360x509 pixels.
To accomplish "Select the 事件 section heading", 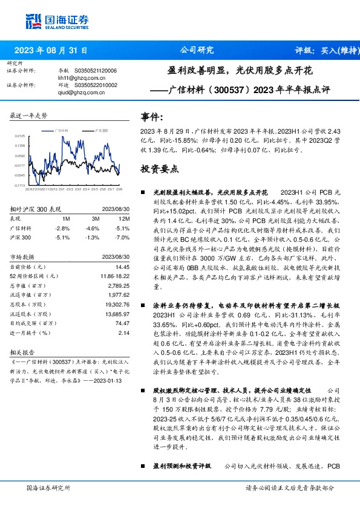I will pyautogui.click(x=151, y=117).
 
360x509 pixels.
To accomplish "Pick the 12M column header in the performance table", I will pyautogui.click(x=125, y=218).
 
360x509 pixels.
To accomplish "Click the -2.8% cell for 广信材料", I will pyautogui.click(x=62, y=228).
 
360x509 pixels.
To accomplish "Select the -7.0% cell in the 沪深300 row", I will pyautogui.click(x=123, y=238).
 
